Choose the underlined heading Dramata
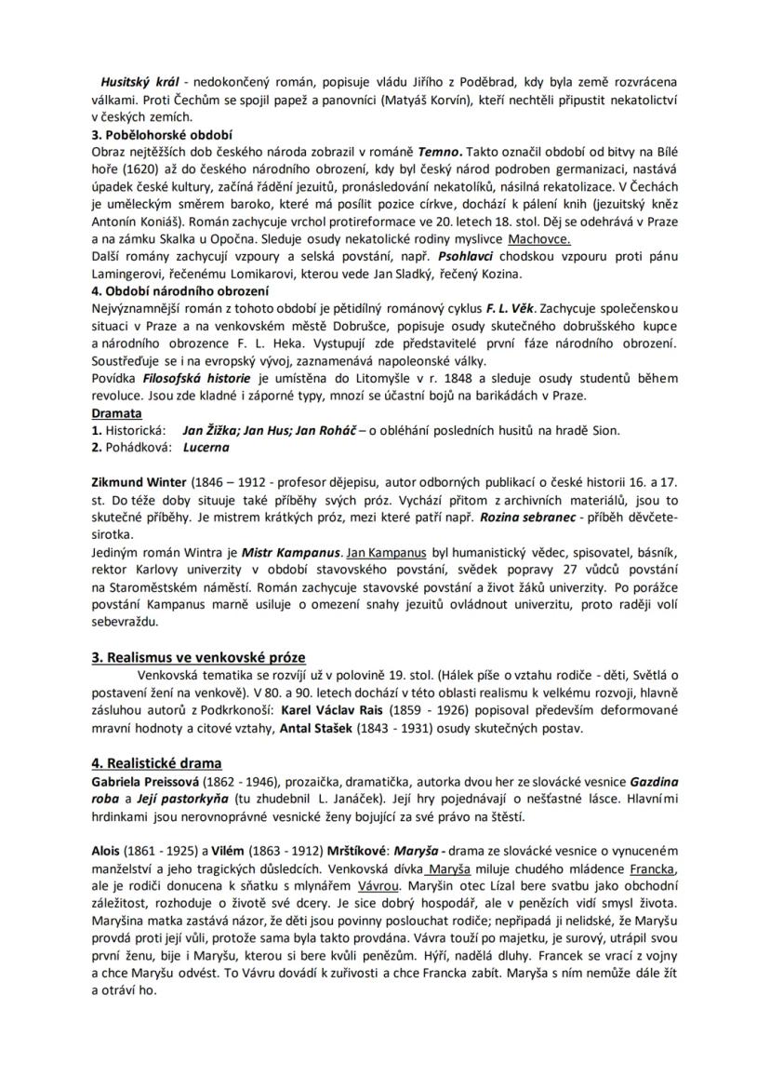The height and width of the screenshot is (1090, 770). coord(116,412)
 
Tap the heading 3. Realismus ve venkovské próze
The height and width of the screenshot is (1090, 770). coord(198,657)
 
